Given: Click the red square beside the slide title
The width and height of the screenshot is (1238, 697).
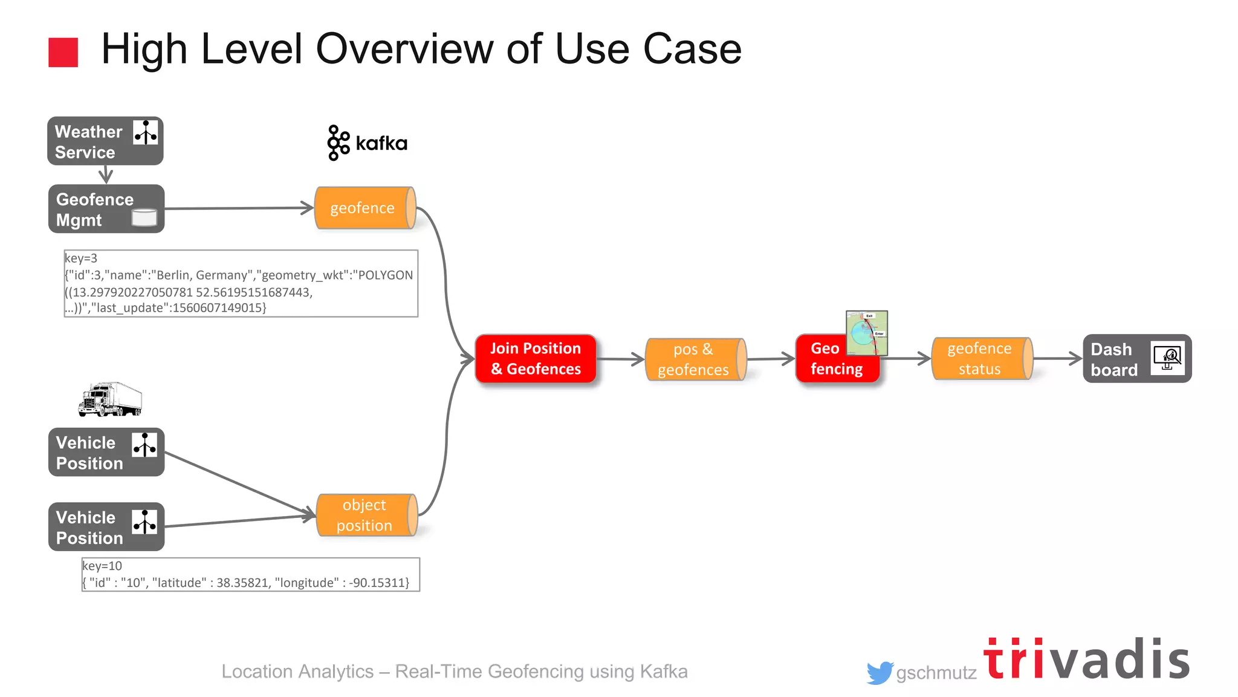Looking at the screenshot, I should click(x=63, y=52).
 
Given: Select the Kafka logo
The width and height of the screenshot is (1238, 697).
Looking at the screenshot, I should click(x=367, y=143).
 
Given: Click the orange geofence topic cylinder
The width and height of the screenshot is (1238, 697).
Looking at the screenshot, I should click(x=365, y=208).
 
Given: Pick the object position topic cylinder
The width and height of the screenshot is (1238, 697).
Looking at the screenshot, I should click(x=366, y=515).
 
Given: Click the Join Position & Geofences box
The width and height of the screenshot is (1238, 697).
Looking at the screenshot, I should click(x=536, y=359).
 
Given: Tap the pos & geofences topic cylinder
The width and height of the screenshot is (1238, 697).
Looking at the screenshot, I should click(x=695, y=359).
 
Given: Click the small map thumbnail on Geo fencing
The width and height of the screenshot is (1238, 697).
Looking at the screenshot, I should click(x=866, y=333).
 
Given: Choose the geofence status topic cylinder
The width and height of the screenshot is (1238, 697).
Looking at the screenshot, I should click(x=981, y=359).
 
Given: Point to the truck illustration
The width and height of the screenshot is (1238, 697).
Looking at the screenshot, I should click(x=110, y=399).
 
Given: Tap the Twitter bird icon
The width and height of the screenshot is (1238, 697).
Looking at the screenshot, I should click(x=880, y=672).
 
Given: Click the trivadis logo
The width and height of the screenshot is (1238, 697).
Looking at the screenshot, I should click(x=1086, y=659).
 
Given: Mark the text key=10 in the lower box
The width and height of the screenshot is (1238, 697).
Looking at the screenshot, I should click(x=102, y=566).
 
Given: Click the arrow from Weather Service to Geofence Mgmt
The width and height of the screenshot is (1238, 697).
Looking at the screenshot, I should click(x=106, y=175).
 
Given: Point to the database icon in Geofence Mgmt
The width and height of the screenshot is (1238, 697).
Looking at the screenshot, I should click(x=144, y=217).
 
